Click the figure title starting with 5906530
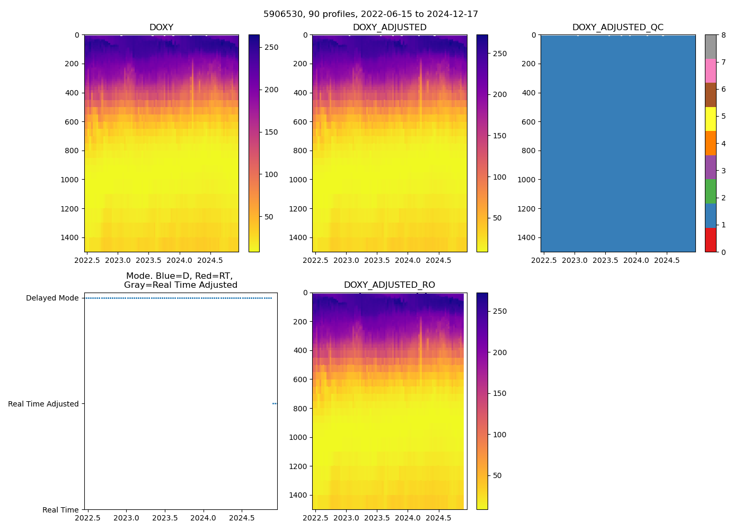[370, 14]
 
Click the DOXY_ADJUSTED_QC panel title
[617, 27]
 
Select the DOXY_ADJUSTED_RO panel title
[389, 285]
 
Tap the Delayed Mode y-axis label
[52, 298]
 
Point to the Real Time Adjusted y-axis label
[43, 404]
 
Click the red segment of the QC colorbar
[710, 240]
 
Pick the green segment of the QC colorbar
[710, 191]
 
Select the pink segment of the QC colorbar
[710, 70]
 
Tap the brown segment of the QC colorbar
[710, 95]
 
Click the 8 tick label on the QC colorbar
[723, 35]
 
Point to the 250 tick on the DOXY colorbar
[271, 47]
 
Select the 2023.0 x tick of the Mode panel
[126, 518]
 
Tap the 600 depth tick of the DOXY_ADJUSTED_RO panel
[301, 379]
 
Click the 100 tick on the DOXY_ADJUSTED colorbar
[499, 177]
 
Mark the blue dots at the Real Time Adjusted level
[275, 404]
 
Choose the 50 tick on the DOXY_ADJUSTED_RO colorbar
[497, 475]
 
